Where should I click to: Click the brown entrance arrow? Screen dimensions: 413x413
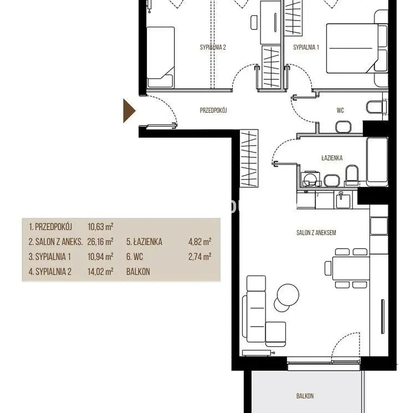[x=129, y=111]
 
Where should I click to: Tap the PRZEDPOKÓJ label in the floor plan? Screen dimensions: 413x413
[x=214, y=110]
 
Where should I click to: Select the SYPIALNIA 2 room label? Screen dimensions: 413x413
[x=213, y=47]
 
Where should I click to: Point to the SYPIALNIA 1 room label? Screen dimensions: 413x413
[x=306, y=47]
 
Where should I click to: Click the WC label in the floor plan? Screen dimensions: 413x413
[x=340, y=110]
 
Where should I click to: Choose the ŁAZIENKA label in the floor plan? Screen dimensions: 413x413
[x=332, y=158]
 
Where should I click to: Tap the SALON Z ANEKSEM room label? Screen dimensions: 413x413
[x=316, y=233]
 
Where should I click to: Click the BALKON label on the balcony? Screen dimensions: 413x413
[x=305, y=396]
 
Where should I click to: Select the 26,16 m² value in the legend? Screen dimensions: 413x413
[x=100, y=242]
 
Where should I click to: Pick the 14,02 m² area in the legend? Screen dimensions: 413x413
[x=100, y=271]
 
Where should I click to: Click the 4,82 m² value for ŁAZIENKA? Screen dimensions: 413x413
[x=199, y=242]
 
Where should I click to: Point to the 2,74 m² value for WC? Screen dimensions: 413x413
[x=199, y=256]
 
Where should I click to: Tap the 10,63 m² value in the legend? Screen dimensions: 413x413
[x=100, y=226]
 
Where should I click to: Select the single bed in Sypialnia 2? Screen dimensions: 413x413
[x=160, y=57]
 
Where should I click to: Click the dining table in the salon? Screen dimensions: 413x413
[x=351, y=268]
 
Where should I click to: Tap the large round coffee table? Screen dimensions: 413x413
[x=288, y=295]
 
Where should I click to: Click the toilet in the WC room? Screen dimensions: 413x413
[x=377, y=107]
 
